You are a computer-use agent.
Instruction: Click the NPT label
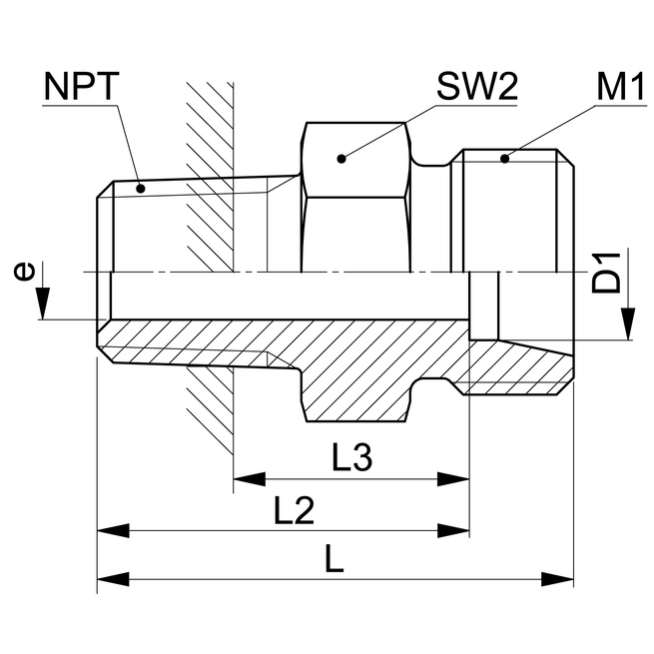pyautogui.click(x=81, y=88)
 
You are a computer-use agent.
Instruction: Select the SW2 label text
pyautogui.click(x=476, y=88)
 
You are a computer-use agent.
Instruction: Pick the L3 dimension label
pyautogui.click(x=351, y=458)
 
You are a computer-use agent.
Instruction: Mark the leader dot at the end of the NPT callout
pyautogui.click(x=140, y=187)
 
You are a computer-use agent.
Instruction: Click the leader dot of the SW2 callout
pyautogui.click(x=340, y=157)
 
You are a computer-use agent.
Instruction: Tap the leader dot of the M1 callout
pyautogui.click(x=505, y=157)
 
